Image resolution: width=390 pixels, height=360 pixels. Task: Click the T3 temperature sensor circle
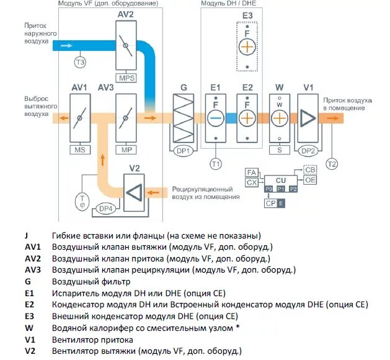80,62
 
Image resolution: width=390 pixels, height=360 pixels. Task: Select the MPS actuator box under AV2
126,78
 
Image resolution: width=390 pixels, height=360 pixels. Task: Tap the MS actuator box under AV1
80,150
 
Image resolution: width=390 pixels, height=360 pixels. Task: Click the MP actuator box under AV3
126,150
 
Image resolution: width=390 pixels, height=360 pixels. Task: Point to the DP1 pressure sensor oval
183,151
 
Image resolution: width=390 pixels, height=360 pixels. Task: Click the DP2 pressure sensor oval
308,151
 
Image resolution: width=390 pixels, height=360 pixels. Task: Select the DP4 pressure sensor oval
105,209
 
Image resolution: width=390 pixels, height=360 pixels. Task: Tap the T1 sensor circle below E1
216,164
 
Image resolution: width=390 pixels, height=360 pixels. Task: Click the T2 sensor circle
332,164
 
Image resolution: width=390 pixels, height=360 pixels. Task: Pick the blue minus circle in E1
216,118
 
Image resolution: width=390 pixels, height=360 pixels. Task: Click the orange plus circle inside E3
247,46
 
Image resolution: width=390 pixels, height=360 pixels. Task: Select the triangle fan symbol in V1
308,118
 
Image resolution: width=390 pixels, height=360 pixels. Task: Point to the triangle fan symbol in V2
135,193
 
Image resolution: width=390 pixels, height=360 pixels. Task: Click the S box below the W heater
280,150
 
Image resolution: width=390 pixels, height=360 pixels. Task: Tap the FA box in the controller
252,172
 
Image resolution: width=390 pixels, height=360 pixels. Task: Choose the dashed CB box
310,170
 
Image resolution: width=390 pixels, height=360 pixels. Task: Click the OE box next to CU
310,180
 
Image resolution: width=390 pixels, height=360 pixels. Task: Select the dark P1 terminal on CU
281,189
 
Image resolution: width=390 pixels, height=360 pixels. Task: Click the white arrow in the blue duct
66,46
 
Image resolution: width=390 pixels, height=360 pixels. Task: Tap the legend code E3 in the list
29,316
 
